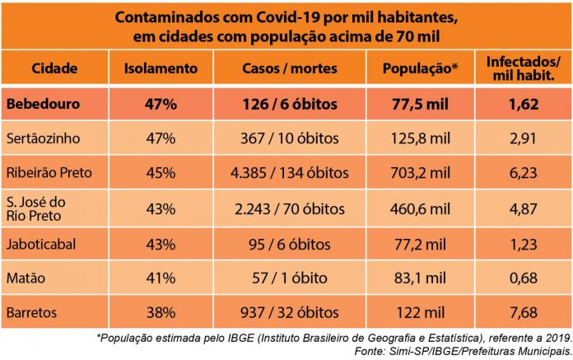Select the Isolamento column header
pos(161,68)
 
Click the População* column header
pos(417,68)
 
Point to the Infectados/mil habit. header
pos(524,68)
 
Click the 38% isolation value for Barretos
pos(161,312)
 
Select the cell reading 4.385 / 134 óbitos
pos(291,174)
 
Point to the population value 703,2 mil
pos(417,174)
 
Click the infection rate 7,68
pos(524,312)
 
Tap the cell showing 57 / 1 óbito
pos(291,278)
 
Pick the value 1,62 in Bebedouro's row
pos(524,105)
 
